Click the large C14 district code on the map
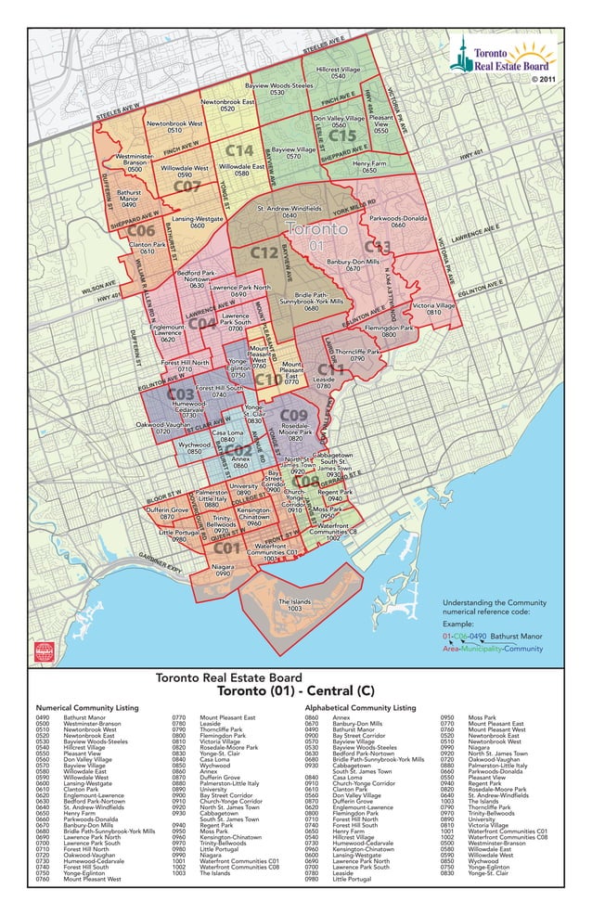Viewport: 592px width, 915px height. (x=238, y=150)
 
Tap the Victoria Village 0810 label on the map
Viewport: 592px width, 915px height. (x=433, y=309)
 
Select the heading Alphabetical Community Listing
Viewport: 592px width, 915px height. (x=360, y=707)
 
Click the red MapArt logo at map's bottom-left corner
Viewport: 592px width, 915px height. (x=45, y=651)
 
